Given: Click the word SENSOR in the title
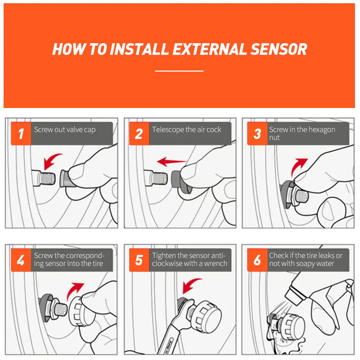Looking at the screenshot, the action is [x=279, y=49].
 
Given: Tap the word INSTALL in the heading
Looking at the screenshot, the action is [x=139, y=49].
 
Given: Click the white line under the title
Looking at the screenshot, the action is [x=179, y=71].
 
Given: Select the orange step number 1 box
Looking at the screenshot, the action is [x=21, y=134].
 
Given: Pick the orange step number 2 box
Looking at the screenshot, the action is [x=139, y=134].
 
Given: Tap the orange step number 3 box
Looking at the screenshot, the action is [x=257, y=134].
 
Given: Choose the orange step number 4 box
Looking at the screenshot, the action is [x=21, y=260].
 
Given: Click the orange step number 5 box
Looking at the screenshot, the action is [x=139, y=260].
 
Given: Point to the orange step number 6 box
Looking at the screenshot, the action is [x=257, y=260].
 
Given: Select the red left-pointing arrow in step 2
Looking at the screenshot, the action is [x=172, y=162].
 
